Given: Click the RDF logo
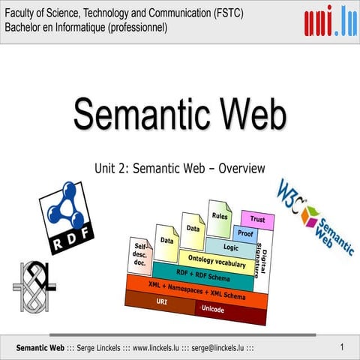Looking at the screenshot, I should click(66, 217).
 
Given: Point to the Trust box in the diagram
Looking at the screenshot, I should click(257, 220).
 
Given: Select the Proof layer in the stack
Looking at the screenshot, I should click(244, 234).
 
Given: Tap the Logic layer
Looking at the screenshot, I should click(230, 247).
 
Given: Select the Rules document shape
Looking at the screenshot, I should click(220, 216).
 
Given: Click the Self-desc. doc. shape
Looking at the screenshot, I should click(140, 255).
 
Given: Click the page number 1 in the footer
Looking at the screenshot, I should click(341, 346).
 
